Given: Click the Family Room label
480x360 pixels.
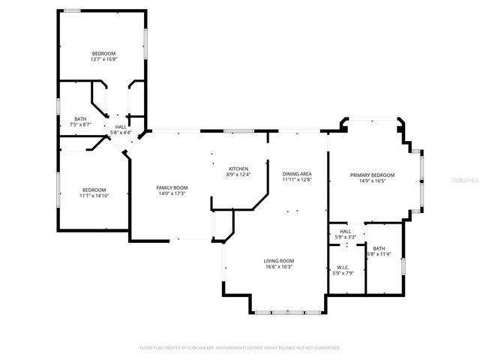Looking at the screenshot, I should coord(172,187).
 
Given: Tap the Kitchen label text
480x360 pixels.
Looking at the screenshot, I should coord(238,168).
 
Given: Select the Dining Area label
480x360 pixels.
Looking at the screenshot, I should coord(297,173).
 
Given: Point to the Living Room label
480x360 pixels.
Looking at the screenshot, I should coord(278,260).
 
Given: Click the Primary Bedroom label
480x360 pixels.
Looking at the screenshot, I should coord(372,175).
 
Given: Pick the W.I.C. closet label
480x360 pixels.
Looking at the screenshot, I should coord(342,268).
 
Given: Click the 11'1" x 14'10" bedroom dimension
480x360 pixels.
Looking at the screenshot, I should coord(94,195).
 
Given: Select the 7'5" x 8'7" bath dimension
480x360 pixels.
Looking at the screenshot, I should coord(79,124).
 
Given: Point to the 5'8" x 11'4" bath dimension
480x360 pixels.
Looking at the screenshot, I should coord(379,253).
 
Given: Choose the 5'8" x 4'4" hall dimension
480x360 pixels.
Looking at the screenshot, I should coord(121,133).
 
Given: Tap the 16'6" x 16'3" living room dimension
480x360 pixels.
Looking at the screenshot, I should coord(278,266).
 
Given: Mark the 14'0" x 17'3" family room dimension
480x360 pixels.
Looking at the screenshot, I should coord(172,193).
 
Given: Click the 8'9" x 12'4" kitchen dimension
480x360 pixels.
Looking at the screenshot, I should coord(238,175).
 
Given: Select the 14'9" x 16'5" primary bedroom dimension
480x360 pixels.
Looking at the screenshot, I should coord(372,181).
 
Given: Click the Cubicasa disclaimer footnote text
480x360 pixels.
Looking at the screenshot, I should coord(240,348).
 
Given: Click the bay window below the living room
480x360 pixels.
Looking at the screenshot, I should coord(288,311).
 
